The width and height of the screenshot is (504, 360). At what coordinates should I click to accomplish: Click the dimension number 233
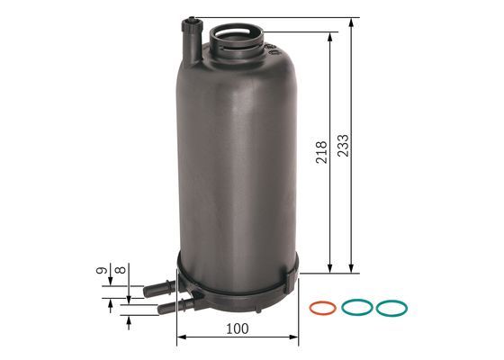point(345,144)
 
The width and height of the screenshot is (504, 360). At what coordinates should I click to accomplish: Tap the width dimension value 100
point(238,329)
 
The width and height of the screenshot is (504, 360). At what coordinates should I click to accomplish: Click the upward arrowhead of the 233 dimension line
point(355,22)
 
